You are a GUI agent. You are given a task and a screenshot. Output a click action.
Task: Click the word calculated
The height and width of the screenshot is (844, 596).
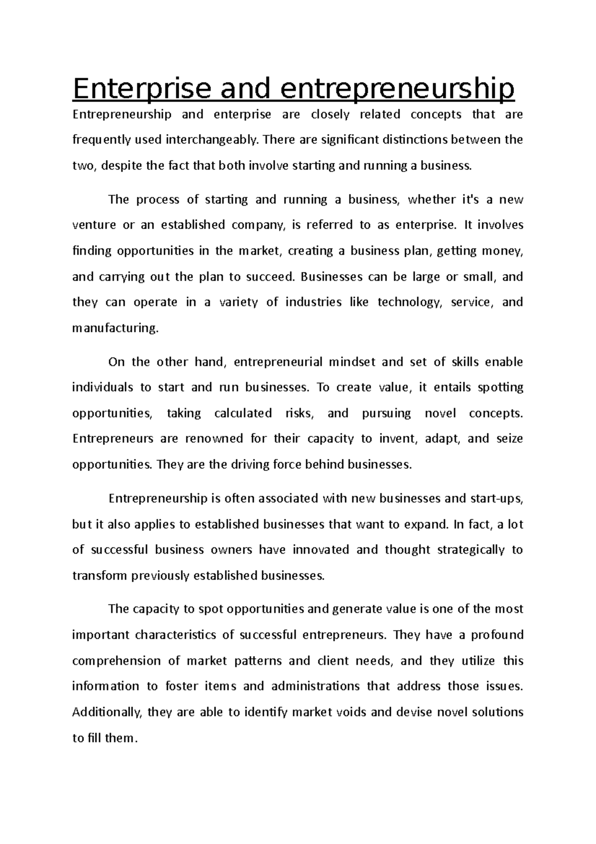(x=243, y=413)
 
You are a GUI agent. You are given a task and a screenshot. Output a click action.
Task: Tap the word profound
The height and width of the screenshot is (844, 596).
(x=497, y=635)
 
